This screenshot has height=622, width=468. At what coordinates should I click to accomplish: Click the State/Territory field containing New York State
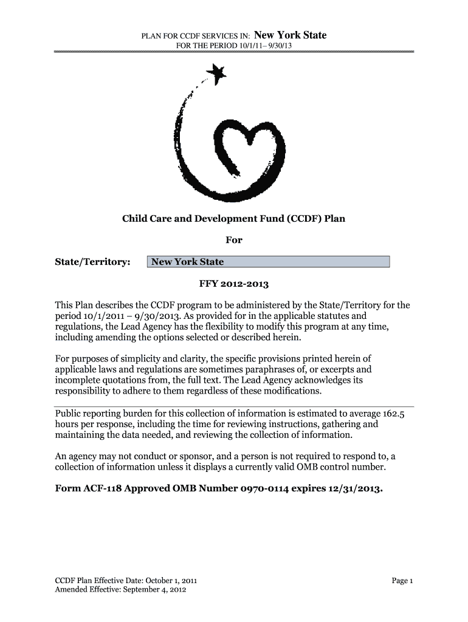(268, 262)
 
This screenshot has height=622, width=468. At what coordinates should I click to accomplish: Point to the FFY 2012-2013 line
(234, 284)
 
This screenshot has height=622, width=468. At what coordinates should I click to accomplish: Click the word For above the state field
(234, 240)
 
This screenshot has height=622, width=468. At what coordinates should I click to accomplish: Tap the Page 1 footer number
(402, 581)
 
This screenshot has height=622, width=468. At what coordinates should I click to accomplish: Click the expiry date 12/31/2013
(358, 489)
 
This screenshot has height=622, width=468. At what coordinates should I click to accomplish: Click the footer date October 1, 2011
(167, 581)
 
